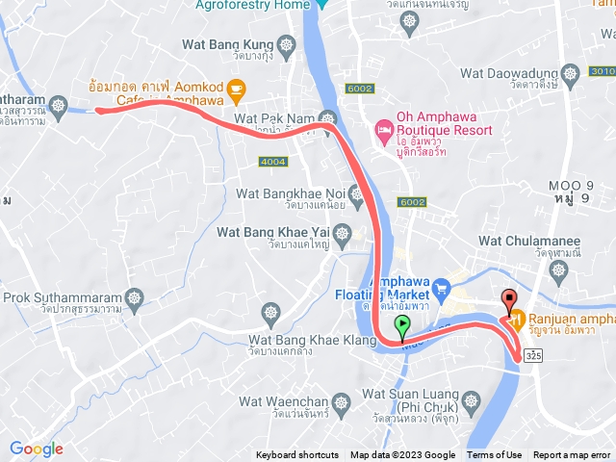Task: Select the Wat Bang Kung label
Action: click(227, 44)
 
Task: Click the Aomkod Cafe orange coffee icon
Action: click(237, 90)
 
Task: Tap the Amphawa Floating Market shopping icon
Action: click(442, 287)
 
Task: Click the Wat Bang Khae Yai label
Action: click(272, 232)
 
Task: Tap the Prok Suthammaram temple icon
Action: click(134, 295)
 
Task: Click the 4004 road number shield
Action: click(274, 161)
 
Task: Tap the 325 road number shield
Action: click(534, 356)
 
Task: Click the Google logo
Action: click(36, 449)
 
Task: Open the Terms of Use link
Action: click(495, 455)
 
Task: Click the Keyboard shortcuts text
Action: click(297, 455)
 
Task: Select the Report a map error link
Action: click(572, 455)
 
